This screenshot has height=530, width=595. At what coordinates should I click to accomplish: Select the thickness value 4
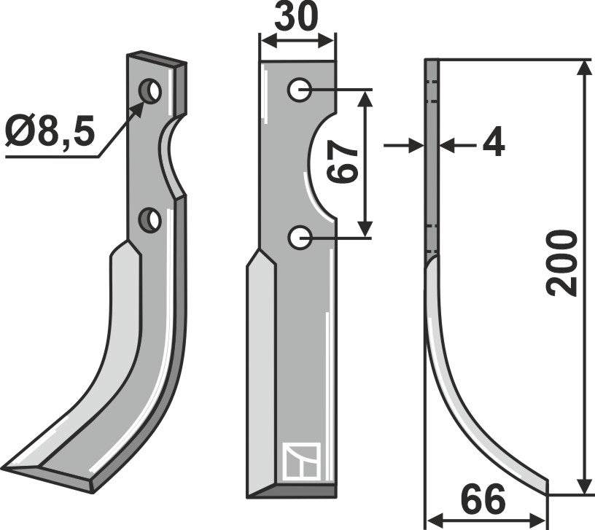point(494,145)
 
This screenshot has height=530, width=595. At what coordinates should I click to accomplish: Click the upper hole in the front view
point(299,90)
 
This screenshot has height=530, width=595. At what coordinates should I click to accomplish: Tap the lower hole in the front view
point(299,236)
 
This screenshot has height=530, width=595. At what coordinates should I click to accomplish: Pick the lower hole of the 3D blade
point(151,219)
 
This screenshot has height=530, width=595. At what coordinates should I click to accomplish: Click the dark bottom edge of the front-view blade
point(292,492)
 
